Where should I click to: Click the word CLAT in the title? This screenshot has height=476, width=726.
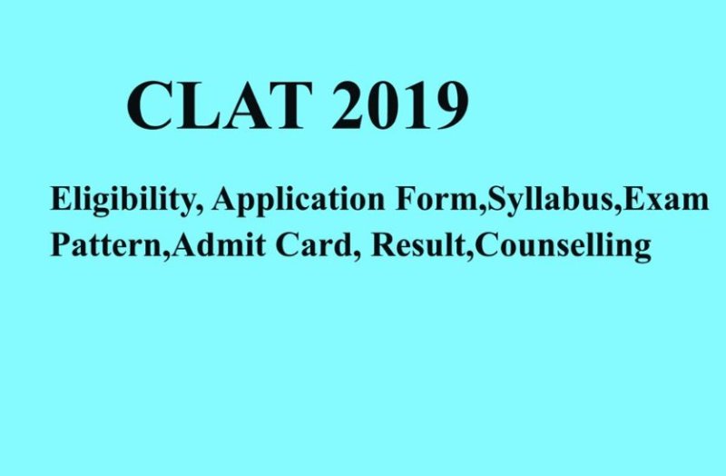(214, 107)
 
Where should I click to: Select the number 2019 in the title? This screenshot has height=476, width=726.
(397, 107)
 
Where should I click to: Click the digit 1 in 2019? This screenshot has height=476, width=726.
(416, 107)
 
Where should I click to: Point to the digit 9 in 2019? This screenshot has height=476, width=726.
(449, 107)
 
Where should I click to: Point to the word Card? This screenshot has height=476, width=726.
(280, 245)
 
